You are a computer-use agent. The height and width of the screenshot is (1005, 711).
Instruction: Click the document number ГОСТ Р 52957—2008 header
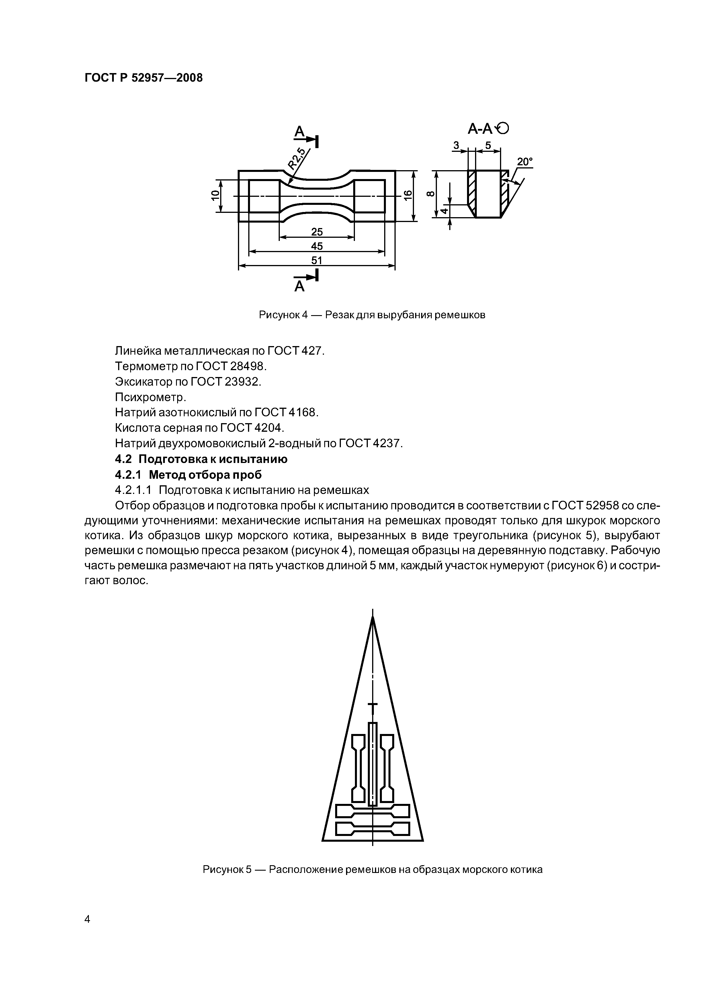(143, 78)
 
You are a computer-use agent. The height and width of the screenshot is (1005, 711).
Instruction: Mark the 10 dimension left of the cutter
(215, 196)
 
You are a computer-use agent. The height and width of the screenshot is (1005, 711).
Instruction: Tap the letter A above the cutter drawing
(299, 131)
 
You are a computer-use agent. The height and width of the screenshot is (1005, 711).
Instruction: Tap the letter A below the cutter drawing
(299, 286)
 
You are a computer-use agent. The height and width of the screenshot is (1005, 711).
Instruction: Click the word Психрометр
(151, 397)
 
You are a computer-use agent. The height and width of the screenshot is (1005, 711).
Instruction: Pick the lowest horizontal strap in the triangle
(372, 829)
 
